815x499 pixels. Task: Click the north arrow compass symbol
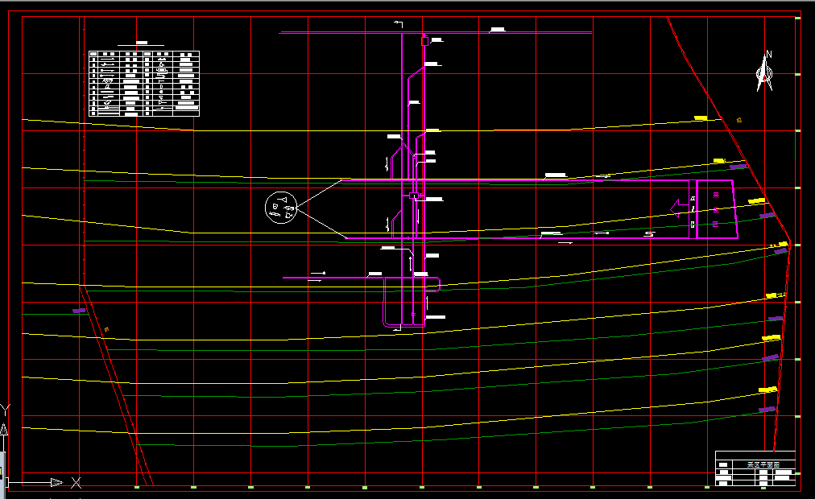pyautogui.click(x=764, y=75)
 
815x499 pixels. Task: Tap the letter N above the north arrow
pyautogui.click(x=769, y=55)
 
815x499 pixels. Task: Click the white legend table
pyautogui.click(x=144, y=84)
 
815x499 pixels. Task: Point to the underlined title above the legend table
pyautogui.click(x=143, y=43)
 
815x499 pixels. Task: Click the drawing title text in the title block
pyautogui.click(x=759, y=465)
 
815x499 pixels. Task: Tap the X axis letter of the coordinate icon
pyautogui.click(x=76, y=483)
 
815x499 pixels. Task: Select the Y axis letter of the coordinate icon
pyautogui.click(x=5, y=410)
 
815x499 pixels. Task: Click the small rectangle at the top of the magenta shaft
pyautogui.click(x=424, y=39)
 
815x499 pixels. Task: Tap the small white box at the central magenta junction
pyautogui.click(x=414, y=196)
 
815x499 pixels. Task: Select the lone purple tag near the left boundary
pyautogui.click(x=79, y=310)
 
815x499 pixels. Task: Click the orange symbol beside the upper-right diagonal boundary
pyautogui.click(x=738, y=120)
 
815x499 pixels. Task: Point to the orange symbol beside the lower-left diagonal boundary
pyautogui.click(x=106, y=329)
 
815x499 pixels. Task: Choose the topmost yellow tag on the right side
pyautogui.click(x=701, y=118)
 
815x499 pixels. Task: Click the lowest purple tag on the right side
pyautogui.click(x=767, y=410)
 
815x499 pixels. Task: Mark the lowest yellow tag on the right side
pyautogui.click(x=767, y=390)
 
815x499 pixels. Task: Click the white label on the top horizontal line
pyautogui.click(x=498, y=30)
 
